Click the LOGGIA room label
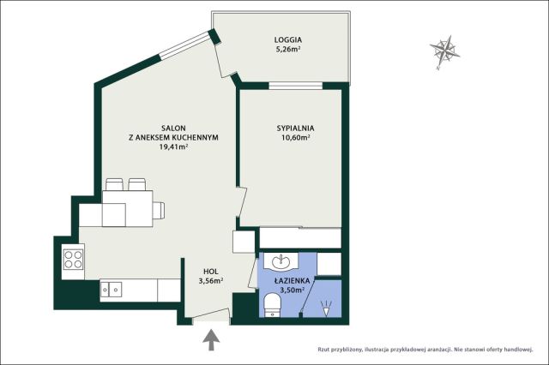click(x=288, y=40)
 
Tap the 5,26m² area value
click(x=288, y=50)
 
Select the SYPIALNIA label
click(x=295, y=129)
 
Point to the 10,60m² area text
click(x=295, y=137)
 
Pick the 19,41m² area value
click(x=173, y=147)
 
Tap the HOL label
click(x=211, y=272)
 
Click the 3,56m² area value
click(x=211, y=280)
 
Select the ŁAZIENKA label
click(x=292, y=280)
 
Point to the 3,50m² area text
click(x=292, y=290)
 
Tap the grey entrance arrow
click(x=211, y=340)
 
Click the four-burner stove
click(x=73, y=259)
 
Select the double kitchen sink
click(x=111, y=289)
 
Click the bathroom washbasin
click(x=281, y=261)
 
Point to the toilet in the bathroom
click(x=272, y=305)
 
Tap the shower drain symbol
click(x=326, y=308)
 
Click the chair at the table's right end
click(x=158, y=210)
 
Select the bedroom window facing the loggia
click(x=295, y=86)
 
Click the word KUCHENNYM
click(x=197, y=137)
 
